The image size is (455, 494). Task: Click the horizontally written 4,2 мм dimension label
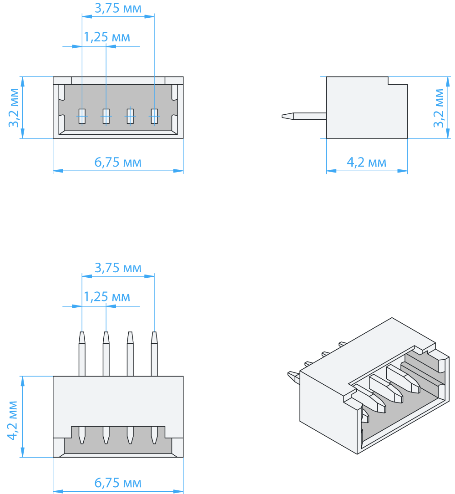coord(366,162)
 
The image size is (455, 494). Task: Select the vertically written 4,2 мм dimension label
coord(12,420)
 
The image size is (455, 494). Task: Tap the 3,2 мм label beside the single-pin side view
coord(439,108)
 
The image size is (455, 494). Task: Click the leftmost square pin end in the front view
coord(82,116)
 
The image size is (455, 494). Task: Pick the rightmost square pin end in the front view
coord(154,116)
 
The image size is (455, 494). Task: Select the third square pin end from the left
coord(130,116)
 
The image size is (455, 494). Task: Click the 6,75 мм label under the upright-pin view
coord(118,483)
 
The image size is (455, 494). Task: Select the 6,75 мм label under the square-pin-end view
coord(118,162)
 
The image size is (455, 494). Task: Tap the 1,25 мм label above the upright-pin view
coord(107,297)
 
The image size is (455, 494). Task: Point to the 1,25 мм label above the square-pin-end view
coord(107,37)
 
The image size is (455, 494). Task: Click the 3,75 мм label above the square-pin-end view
coord(118,8)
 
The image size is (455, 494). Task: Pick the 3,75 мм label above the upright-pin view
coord(118,268)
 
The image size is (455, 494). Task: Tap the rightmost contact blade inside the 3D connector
coord(403,378)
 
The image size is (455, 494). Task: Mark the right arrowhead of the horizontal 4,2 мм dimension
coord(403,171)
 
